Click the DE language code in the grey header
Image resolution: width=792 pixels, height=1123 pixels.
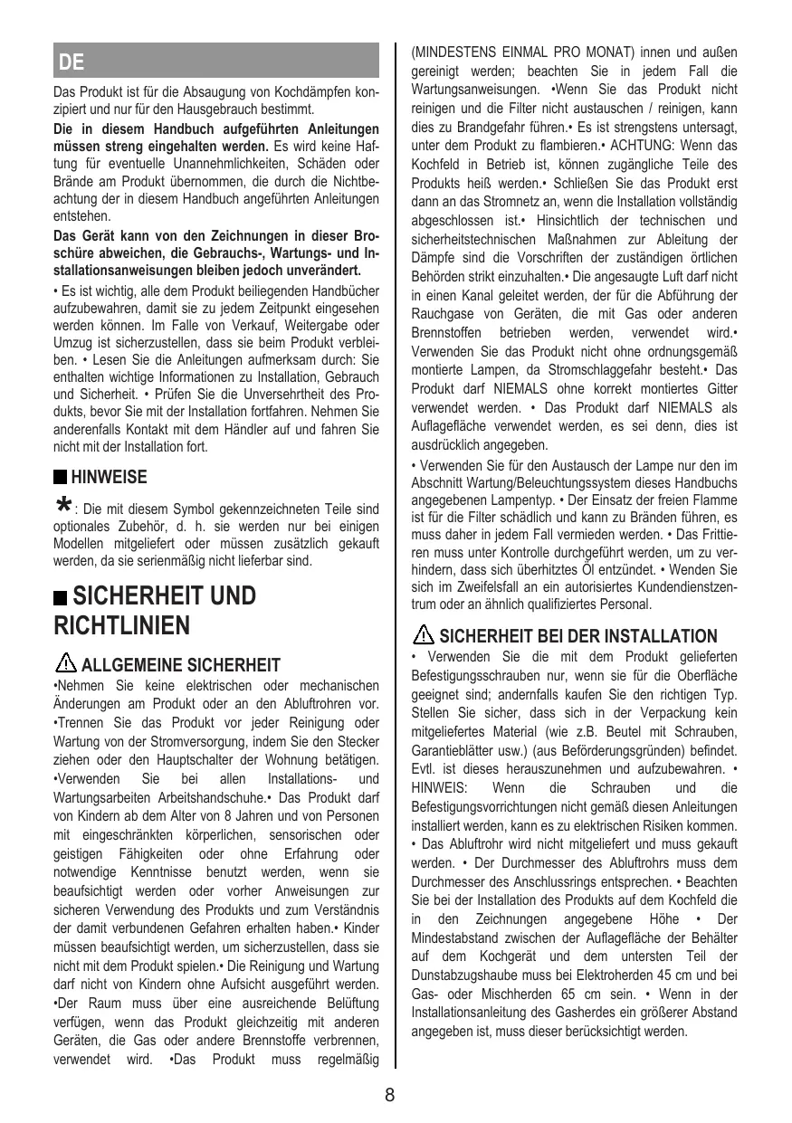[72, 62]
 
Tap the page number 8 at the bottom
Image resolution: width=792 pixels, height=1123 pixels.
[389, 1094]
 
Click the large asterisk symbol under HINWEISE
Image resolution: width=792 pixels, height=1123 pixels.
[62, 503]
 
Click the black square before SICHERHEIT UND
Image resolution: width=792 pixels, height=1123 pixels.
[62, 597]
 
